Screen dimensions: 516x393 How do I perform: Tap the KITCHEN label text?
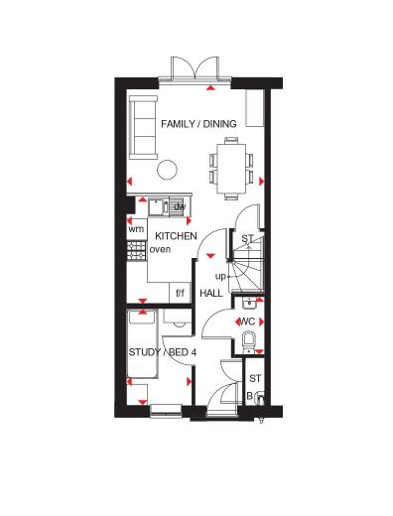pyautogui.click(x=176, y=235)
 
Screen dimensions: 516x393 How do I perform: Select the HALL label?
pyautogui.click(x=211, y=294)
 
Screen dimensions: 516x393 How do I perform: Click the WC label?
pyautogui.click(x=247, y=322)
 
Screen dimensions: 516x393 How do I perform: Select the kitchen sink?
pyautogui.click(x=159, y=206)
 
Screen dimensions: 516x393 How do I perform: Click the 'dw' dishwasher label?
pyautogui.click(x=181, y=205)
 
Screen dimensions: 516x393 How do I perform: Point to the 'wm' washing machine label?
pyautogui.click(x=137, y=229)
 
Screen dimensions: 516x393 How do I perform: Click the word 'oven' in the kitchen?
pyautogui.click(x=160, y=249)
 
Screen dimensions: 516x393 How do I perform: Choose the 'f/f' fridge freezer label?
pyautogui.click(x=181, y=294)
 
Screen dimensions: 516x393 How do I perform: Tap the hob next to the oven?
pyautogui.click(x=136, y=249)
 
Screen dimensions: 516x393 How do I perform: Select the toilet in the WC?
pyautogui.click(x=249, y=343)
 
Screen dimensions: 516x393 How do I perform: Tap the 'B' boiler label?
pyautogui.click(x=249, y=395)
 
